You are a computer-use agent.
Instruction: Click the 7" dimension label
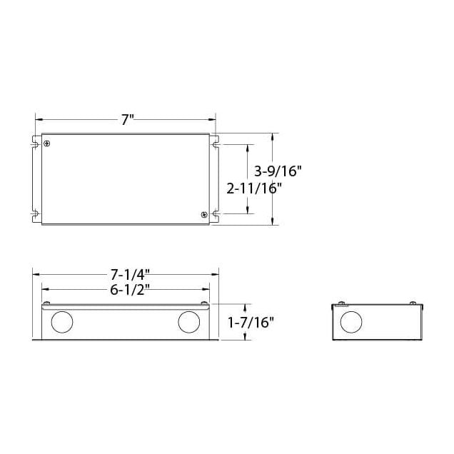pyautogui.click(x=127, y=120)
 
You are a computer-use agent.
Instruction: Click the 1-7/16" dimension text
pyautogui.click(x=251, y=322)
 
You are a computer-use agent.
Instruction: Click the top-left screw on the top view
pyautogui.click(x=48, y=144)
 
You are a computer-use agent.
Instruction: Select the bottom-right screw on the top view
pyautogui.click(x=204, y=214)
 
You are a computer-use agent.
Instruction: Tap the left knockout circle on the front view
pyautogui.click(x=61, y=323)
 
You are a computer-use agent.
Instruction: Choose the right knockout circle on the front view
pyautogui.click(x=189, y=323)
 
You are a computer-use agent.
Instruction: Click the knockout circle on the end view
pyautogui.click(x=350, y=322)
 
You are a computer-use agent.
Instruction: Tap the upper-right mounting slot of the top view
pyautogui.click(x=213, y=144)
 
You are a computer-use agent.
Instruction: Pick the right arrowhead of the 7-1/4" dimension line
pyautogui.click(x=215, y=274)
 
